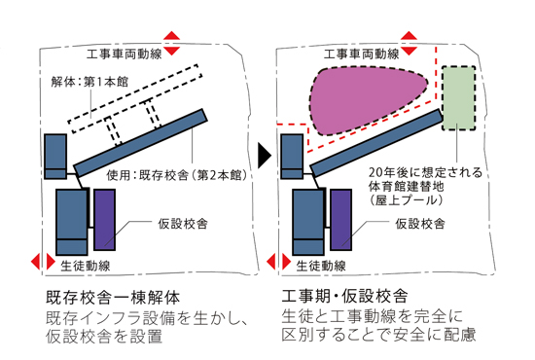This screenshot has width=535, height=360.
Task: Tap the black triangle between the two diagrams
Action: coord(264,155)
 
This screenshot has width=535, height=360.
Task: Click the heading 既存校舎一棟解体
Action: coord(108,296)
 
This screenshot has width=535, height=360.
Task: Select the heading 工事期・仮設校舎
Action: coord(343,296)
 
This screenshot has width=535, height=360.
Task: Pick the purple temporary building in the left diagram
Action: coord(104,218)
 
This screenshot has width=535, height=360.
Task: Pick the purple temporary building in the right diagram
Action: coord(339,218)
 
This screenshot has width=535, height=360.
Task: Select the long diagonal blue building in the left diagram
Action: coord(141,139)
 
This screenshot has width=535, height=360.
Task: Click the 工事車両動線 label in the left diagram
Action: coord(122,54)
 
